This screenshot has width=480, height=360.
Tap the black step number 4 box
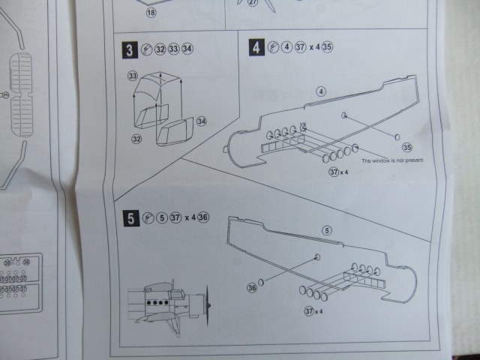257,49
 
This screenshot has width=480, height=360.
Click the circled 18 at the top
150,13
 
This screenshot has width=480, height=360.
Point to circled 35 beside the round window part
408,147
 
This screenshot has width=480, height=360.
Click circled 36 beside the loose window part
253,286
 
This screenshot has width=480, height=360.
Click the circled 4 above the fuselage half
321,91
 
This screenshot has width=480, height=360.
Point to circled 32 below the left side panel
136,139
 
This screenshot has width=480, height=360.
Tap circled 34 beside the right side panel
201,121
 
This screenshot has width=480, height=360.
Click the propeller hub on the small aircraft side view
208,305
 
